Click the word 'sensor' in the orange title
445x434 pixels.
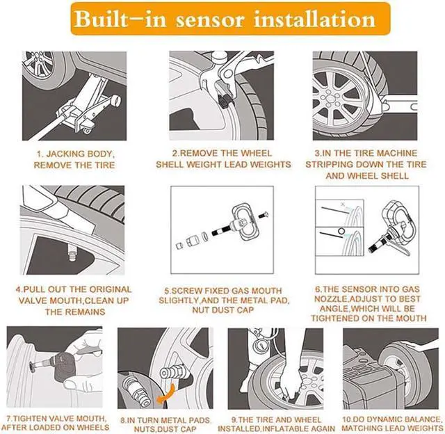click(x=210, y=20)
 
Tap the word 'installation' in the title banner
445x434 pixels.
click(x=315, y=19)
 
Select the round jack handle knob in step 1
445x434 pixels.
click(x=115, y=100)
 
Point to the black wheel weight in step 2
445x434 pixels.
click(x=225, y=101)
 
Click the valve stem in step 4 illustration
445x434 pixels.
click(x=72, y=254)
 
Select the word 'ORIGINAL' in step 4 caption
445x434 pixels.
click(x=111, y=289)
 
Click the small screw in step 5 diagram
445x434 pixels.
click(x=264, y=215)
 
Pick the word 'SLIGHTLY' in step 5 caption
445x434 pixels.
click(x=179, y=300)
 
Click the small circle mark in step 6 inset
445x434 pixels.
click(x=341, y=230)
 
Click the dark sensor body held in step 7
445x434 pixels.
click(x=65, y=367)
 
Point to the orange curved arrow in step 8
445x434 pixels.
click(x=167, y=394)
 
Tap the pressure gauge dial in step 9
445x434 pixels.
click(x=259, y=346)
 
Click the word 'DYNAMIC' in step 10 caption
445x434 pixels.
click(x=383, y=419)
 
